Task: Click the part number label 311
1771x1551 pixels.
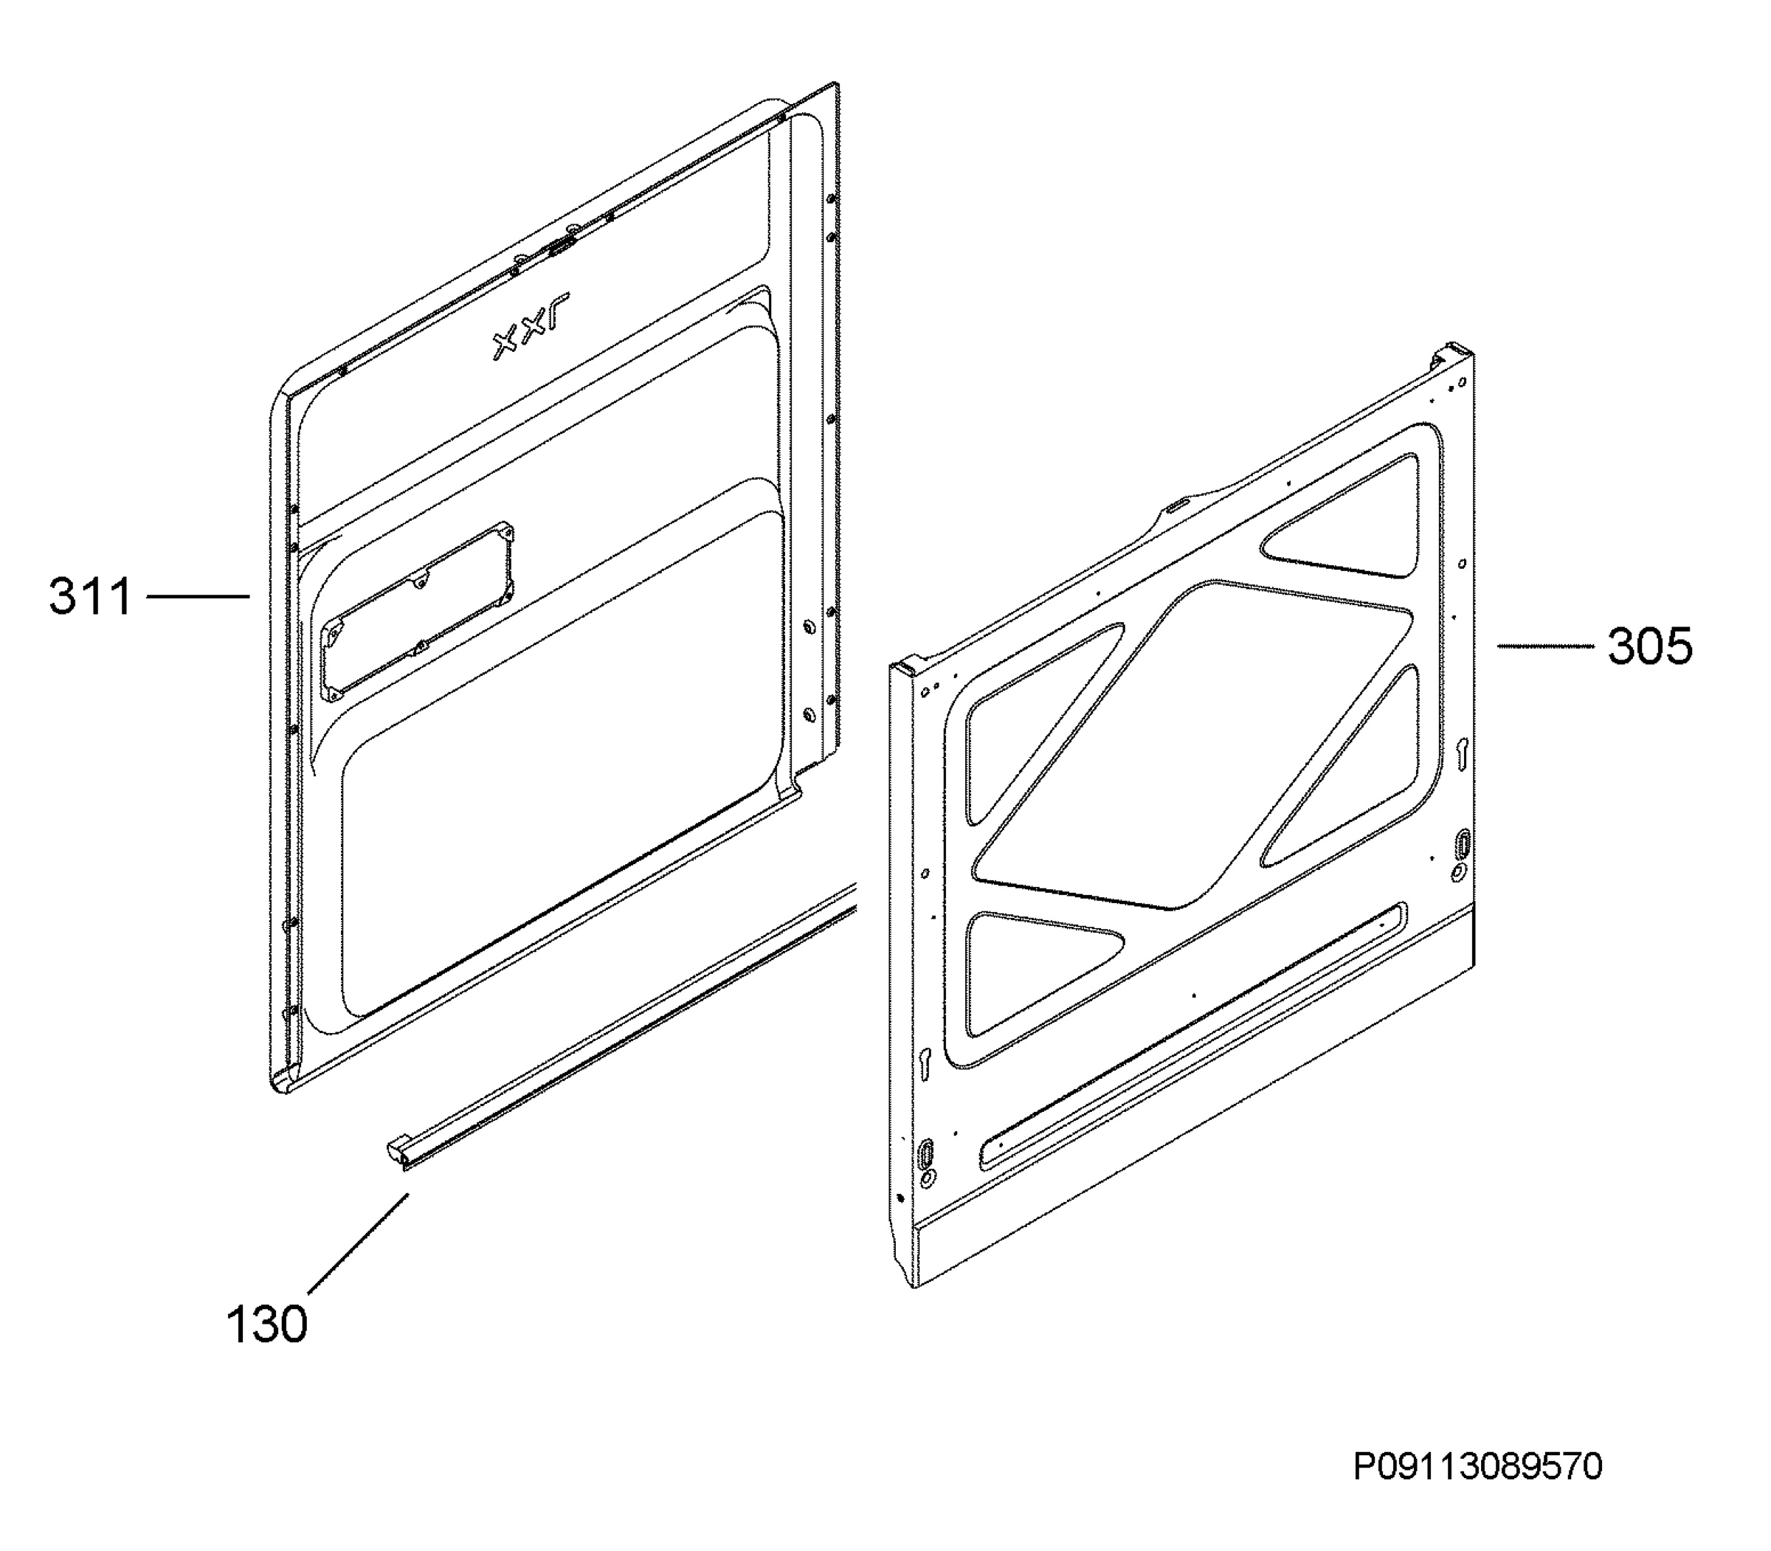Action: [90, 596]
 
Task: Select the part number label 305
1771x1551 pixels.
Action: [1650, 646]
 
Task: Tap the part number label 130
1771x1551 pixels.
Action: [266, 1324]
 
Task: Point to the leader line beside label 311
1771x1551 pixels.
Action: [198, 595]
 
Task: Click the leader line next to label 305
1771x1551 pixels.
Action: [1546, 646]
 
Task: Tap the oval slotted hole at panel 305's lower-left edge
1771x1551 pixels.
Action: [926, 1153]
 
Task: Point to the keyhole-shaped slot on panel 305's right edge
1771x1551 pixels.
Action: [1462, 752]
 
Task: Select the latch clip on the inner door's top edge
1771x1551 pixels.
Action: [561, 247]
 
